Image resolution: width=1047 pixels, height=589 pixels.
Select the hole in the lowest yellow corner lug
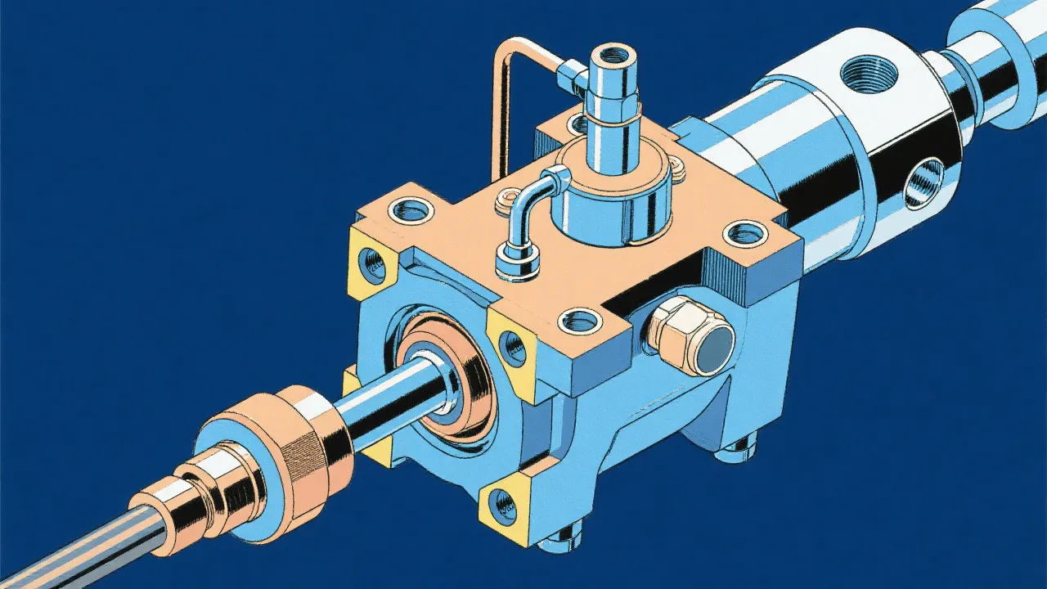pyautogui.click(x=505, y=507)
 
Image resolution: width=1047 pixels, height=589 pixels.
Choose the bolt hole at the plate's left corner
pyautogui.click(x=409, y=210)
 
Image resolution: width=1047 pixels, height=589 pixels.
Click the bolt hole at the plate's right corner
pyautogui.click(x=746, y=233)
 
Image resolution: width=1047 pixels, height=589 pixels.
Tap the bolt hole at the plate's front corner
pyautogui.click(x=583, y=320)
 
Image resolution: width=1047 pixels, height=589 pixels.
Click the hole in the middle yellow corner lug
pyautogui.click(x=513, y=347)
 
